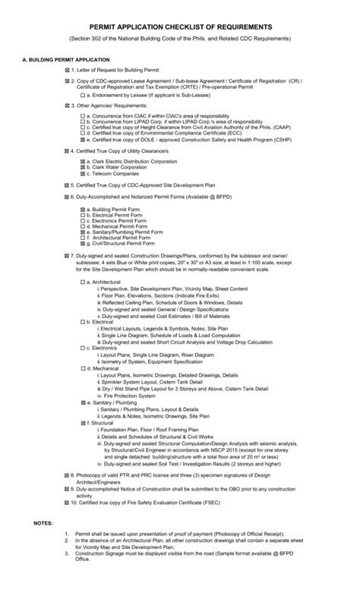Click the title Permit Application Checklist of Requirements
click(180, 27)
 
